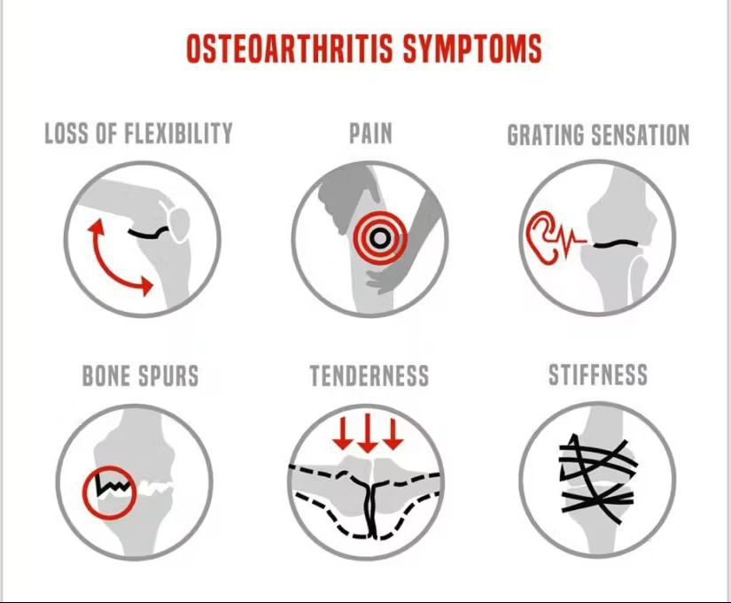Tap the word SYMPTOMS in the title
472,49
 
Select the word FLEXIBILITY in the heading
179,134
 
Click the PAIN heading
370,134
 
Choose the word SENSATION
641,135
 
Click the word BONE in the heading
109,375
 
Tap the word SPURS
171,375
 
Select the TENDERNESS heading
369,375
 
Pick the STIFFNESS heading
598,375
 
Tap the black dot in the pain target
380,238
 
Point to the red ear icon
541,237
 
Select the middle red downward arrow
368,433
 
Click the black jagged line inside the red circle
112,486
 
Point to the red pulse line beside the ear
572,240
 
